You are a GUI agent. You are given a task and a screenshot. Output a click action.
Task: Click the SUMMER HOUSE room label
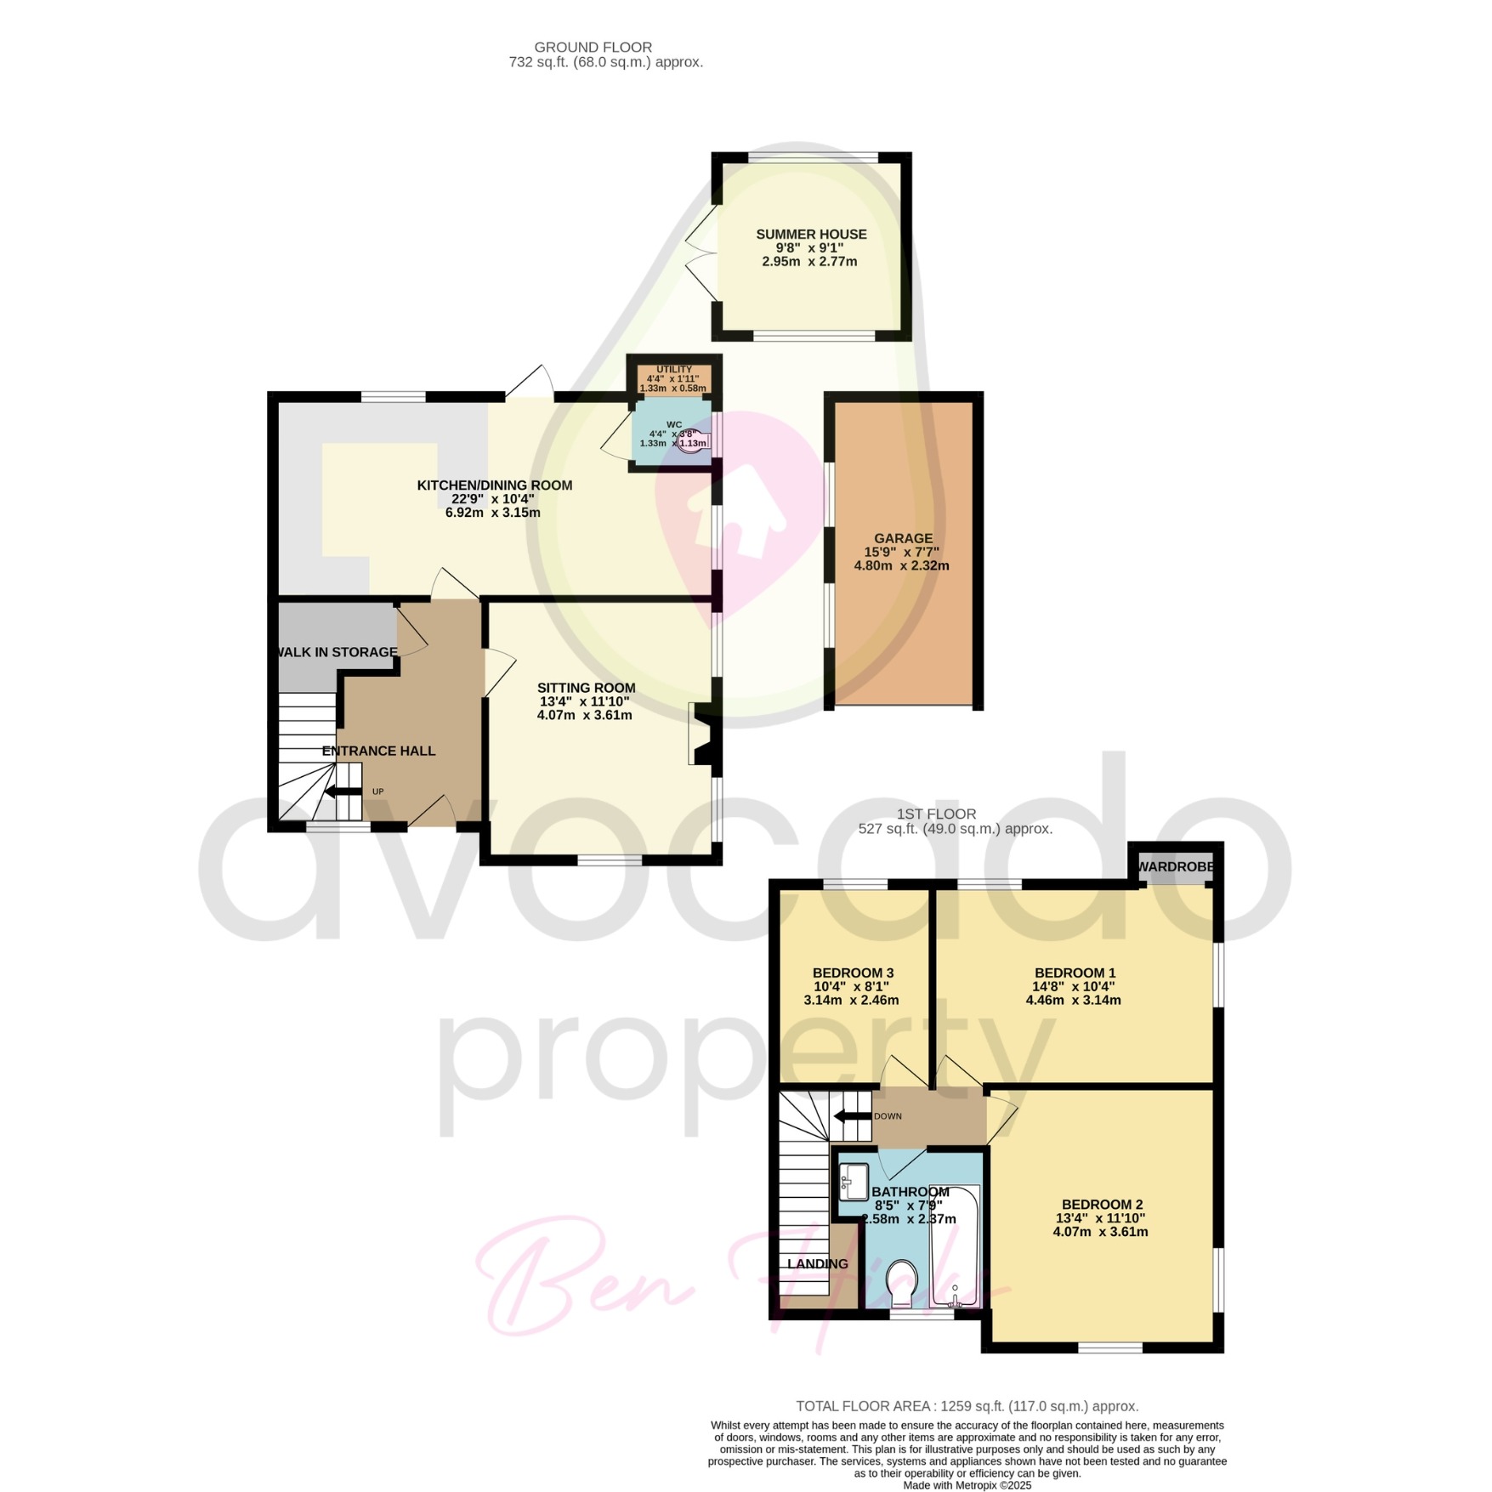click(x=811, y=234)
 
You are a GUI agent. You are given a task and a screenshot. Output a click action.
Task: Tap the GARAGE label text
click(x=903, y=538)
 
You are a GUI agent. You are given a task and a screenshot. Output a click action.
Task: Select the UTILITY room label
click(x=674, y=370)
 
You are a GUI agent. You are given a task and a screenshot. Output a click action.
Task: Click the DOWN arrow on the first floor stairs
click(x=852, y=1116)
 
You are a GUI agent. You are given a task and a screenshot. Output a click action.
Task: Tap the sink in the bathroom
click(x=853, y=1181)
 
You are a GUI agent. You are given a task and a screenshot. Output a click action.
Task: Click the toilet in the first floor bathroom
click(x=901, y=1284)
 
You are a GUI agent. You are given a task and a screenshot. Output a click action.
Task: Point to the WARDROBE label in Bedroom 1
click(x=1176, y=866)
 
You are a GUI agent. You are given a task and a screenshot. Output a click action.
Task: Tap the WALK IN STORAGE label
click(x=335, y=652)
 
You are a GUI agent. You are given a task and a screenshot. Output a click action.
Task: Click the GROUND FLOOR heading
click(x=593, y=48)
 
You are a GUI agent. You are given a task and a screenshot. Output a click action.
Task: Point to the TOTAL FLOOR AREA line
click(x=967, y=1406)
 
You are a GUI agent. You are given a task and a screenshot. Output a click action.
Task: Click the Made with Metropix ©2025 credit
click(x=967, y=1485)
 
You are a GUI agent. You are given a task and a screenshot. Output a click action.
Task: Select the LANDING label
click(x=817, y=1263)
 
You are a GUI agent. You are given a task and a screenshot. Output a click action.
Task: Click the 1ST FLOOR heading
click(x=936, y=814)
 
